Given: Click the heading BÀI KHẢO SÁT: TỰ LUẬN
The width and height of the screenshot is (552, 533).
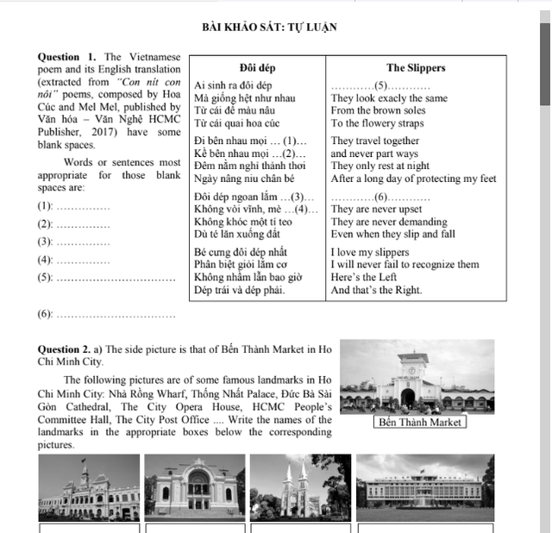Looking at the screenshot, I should click(x=269, y=28).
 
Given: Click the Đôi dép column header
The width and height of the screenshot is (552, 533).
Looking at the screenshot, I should click(x=257, y=68).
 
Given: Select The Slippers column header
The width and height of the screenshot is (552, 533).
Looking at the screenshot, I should click(x=416, y=68).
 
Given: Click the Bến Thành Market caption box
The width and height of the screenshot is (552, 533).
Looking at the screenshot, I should click(x=421, y=422).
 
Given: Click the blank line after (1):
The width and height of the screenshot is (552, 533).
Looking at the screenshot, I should click(x=83, y=208).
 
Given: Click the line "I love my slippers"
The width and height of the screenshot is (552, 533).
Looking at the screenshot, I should click(x=370, y=253).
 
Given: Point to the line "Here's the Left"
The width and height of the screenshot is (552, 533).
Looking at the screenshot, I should click(x=364, y=278).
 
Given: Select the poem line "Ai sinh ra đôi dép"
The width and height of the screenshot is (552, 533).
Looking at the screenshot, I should click(x=233, y=86).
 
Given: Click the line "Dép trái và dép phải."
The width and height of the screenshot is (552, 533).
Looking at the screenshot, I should click(x=240, y=291).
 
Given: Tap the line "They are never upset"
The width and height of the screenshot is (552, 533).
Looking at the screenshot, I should click(x=377, y=210).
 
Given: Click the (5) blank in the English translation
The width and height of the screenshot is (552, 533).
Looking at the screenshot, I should click(x=380, y=86).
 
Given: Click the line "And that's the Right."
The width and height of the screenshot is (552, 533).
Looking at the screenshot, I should click(x=377, y=291).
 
